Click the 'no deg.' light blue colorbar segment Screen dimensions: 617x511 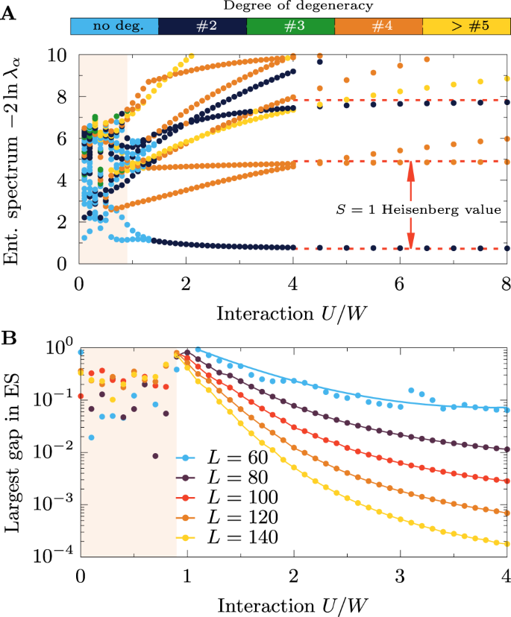(115, 26)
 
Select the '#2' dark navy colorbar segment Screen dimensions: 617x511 (203, 26)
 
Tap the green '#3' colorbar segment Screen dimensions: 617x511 (291, 26)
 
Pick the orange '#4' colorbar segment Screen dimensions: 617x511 (379, 26)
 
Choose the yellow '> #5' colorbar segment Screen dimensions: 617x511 (466, 26)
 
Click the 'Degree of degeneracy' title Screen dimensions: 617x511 (290, 7)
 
